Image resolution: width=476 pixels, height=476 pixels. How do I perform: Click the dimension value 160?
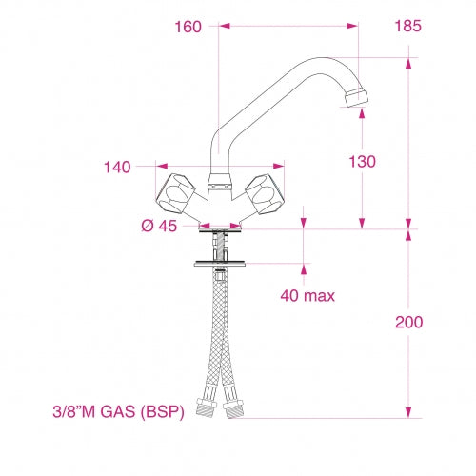pos(188,27)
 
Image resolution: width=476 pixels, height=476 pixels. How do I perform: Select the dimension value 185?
pos(407,27)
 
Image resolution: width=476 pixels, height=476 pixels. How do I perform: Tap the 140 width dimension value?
pos(119,168)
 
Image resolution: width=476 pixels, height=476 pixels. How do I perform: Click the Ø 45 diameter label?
pos(158,226)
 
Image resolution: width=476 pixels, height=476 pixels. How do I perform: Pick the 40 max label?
pos(307,295)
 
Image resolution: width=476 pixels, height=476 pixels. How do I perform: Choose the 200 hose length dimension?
pos(409,322)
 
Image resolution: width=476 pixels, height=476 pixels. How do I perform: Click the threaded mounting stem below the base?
pos(220,246)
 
